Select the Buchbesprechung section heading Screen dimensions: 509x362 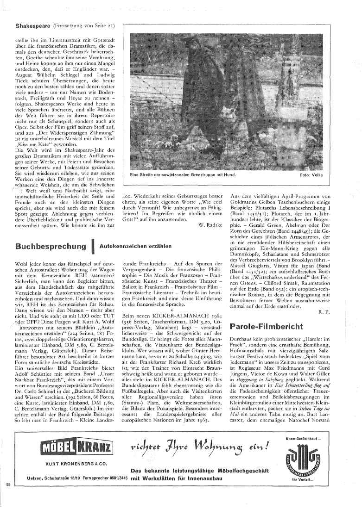tap(51, 245)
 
